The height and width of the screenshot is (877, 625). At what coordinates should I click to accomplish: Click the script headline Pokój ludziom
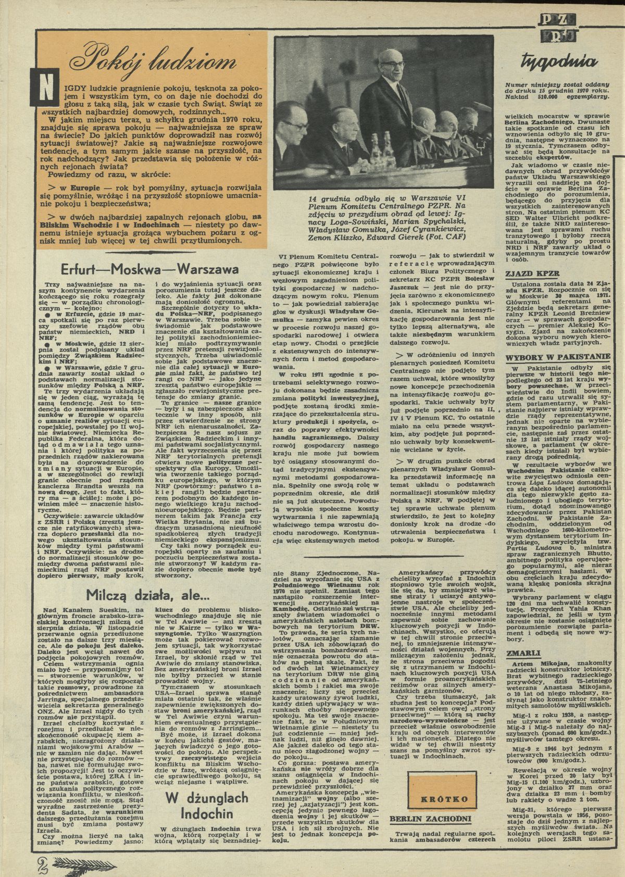148,64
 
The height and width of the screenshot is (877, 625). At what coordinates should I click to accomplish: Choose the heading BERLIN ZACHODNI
430,818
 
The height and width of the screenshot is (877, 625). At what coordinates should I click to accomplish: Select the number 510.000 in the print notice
554,98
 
